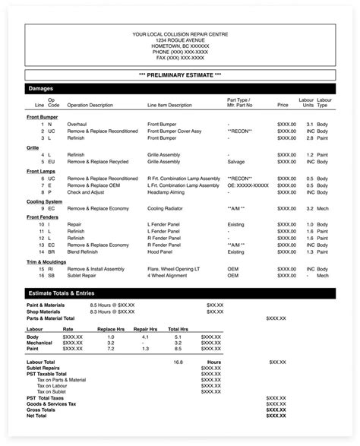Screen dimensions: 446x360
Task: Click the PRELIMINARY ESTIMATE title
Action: click(180, 74)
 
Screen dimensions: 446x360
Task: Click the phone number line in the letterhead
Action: click(179, 52)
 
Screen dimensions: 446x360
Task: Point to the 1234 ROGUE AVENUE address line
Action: click(179, 40)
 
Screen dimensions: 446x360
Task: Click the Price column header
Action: click(283, 105)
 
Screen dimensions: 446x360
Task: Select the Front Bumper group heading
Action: click(43, 117)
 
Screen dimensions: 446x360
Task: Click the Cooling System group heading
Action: click(45, 201)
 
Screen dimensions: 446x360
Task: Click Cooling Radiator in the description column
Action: click(168, 207)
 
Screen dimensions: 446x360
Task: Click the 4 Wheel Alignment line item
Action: click(169, 275)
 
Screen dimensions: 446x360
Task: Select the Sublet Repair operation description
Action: click(86, 275)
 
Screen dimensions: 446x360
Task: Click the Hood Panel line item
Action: click(160, 251)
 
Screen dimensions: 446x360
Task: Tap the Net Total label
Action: click(36, 416)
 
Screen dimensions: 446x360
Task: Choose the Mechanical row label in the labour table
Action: click(41, 342)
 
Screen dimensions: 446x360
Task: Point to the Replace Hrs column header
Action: click(111, 330)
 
